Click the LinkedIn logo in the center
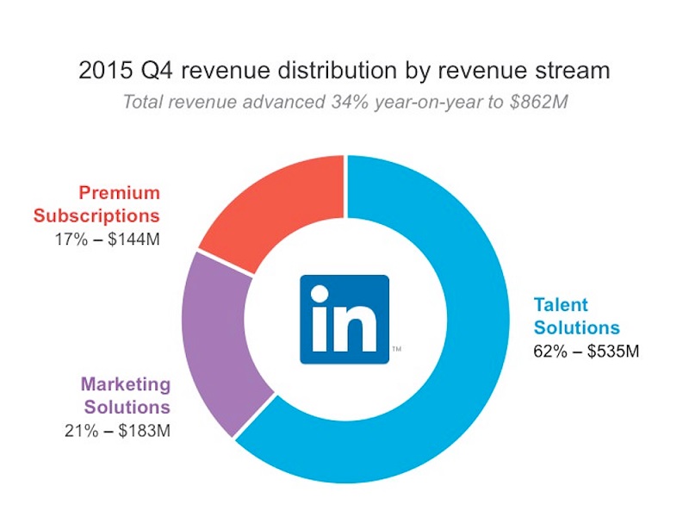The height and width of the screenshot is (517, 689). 344,319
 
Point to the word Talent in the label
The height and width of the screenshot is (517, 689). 561,305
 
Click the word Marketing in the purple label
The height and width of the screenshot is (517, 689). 126,384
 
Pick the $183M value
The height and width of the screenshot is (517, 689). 143,429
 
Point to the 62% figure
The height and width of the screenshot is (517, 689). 549,352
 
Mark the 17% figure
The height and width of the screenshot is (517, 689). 71,237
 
